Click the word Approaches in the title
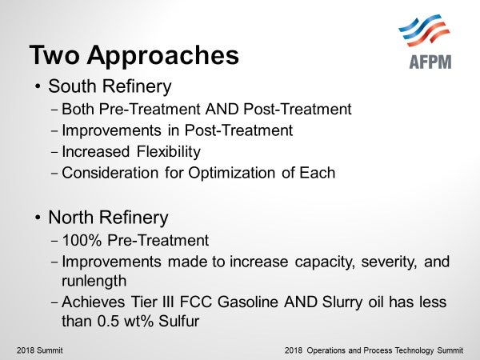163,56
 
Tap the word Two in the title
54,54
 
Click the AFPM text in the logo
430,62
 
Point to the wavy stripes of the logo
424,30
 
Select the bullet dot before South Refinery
38,86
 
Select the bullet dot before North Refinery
38,218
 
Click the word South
72,86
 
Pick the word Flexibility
168,152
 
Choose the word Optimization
231,174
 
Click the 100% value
82,240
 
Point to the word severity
389,262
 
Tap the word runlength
94,282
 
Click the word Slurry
342,302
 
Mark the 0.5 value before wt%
108,322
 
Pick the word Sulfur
178,322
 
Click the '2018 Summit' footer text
40,350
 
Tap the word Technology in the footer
414,350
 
